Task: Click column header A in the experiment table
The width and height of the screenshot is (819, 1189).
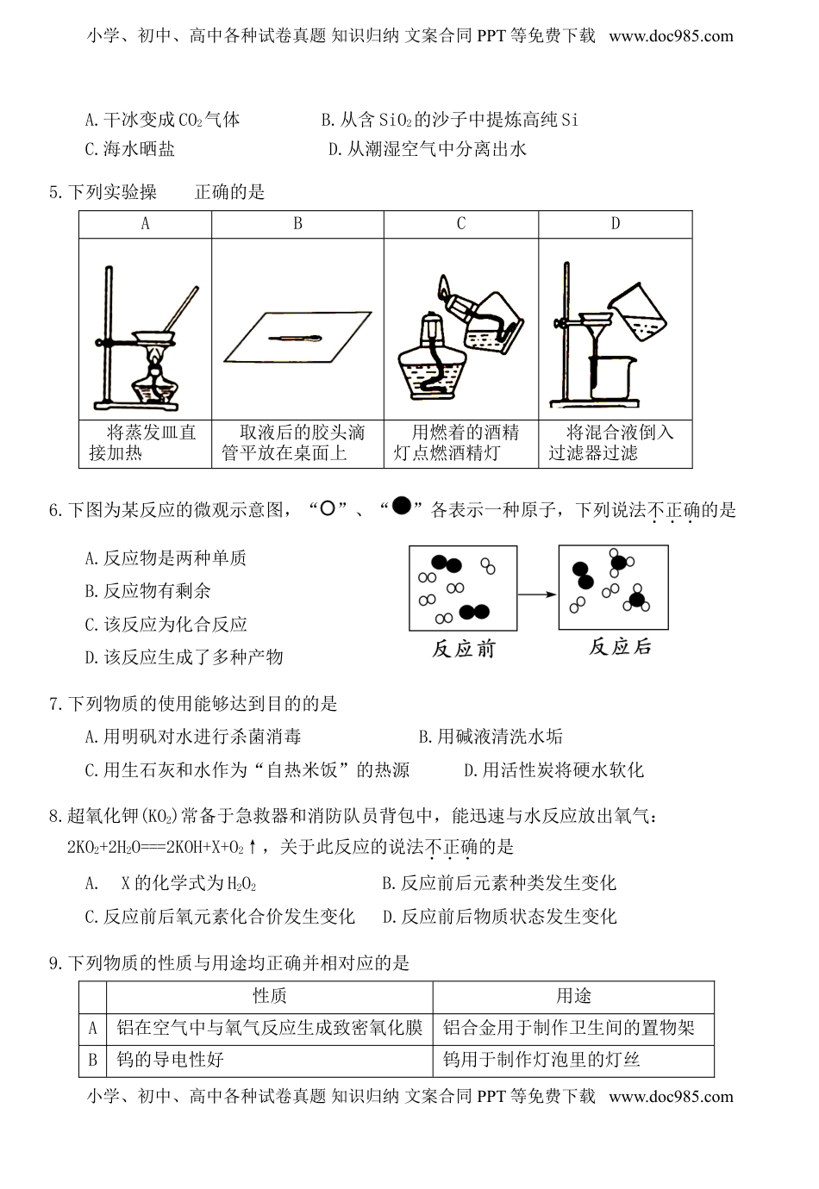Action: (145, 224)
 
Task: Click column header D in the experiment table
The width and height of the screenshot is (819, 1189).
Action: (615, 224)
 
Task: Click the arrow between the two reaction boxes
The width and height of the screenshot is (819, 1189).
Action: (538, 594)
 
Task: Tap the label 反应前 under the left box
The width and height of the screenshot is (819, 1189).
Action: (464, 649)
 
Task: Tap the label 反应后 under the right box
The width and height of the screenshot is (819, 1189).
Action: (621, 647)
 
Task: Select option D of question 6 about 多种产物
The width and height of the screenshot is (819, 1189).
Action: (184, 657)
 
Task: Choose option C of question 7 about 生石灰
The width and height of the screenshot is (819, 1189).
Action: (247, 770)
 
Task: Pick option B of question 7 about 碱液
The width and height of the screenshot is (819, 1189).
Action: (490, 737)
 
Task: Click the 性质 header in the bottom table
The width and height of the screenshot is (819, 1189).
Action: (269, 997)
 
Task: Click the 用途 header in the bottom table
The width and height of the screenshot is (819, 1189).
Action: (573, 997)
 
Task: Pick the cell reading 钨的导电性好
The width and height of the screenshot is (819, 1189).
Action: (170, 1060)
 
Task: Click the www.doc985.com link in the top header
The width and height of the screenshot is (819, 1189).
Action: (671, 36)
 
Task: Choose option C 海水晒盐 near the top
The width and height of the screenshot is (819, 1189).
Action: (130, 149)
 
